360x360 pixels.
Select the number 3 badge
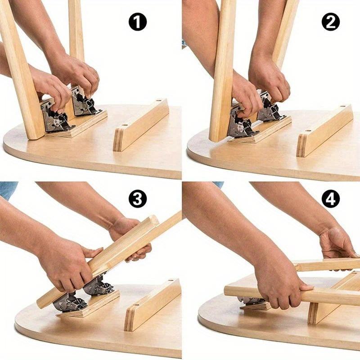138,198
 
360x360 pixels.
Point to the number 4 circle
331,198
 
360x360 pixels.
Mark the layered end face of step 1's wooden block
118,140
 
